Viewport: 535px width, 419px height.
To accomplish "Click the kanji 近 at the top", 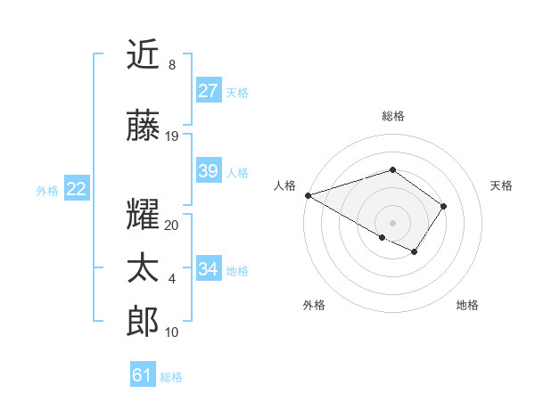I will click(143, 55).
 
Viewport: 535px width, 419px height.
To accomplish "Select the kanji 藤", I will click(143, 127).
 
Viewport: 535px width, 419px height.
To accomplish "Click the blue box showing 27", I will click(208, 91).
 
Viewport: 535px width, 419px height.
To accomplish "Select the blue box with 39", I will click(208, 171).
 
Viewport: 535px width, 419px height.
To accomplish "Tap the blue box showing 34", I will click(208, 269).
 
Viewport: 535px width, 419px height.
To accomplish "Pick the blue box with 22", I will click(76, 189).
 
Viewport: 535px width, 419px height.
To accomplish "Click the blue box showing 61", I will click(143, 376).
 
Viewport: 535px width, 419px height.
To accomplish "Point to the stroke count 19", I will click(172, 136).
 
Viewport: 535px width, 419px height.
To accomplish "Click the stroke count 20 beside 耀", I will click(172, 226).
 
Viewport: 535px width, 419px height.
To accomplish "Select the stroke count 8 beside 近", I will click(172, 65).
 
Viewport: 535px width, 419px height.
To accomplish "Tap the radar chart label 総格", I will click(392, 116).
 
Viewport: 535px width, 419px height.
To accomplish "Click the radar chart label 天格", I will click(501, 185).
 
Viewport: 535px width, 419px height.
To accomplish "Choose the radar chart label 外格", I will click(314, 305).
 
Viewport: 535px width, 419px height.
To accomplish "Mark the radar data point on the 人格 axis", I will click(307, 195).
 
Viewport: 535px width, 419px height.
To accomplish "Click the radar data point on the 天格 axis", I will click(444, 206).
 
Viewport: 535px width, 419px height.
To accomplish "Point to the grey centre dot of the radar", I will click(392, 222).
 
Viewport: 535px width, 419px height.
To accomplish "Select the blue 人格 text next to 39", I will click(237, 172).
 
